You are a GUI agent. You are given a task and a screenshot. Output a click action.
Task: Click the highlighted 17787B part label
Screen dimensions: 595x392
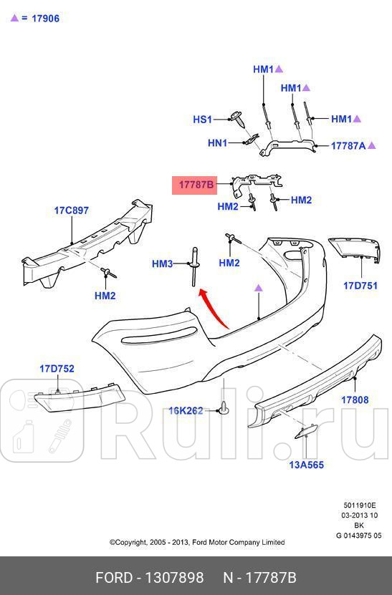click(196, 185)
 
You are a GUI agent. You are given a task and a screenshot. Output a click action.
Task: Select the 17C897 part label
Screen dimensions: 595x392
click(72, 211)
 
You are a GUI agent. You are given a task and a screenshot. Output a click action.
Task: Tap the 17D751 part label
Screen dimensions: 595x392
click(360, 286)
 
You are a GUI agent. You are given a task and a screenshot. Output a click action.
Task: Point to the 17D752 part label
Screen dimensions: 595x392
click(57, 369)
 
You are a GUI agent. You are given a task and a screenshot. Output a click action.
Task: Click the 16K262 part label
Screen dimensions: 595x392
click(186, 410)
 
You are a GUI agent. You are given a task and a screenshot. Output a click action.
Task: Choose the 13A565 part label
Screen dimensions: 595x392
click(306, 465)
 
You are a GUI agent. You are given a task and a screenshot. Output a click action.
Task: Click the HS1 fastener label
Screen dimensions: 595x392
click(203, 120)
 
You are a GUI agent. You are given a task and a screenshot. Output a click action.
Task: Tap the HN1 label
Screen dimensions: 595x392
click(217, 143)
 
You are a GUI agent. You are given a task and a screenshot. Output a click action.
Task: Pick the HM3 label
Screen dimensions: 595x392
click(162, 264)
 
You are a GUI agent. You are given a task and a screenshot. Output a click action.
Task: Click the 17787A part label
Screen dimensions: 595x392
click(348, 145)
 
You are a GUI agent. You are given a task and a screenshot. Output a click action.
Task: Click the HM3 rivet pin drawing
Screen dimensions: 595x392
click(193, 266)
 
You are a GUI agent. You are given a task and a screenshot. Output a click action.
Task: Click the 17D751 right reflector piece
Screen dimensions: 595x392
click(356, 252)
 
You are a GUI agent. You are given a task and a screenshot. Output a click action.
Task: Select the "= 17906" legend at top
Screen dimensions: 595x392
click(35, 18)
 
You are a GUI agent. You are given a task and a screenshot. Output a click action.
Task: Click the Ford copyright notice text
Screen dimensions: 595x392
click(196, 542)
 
